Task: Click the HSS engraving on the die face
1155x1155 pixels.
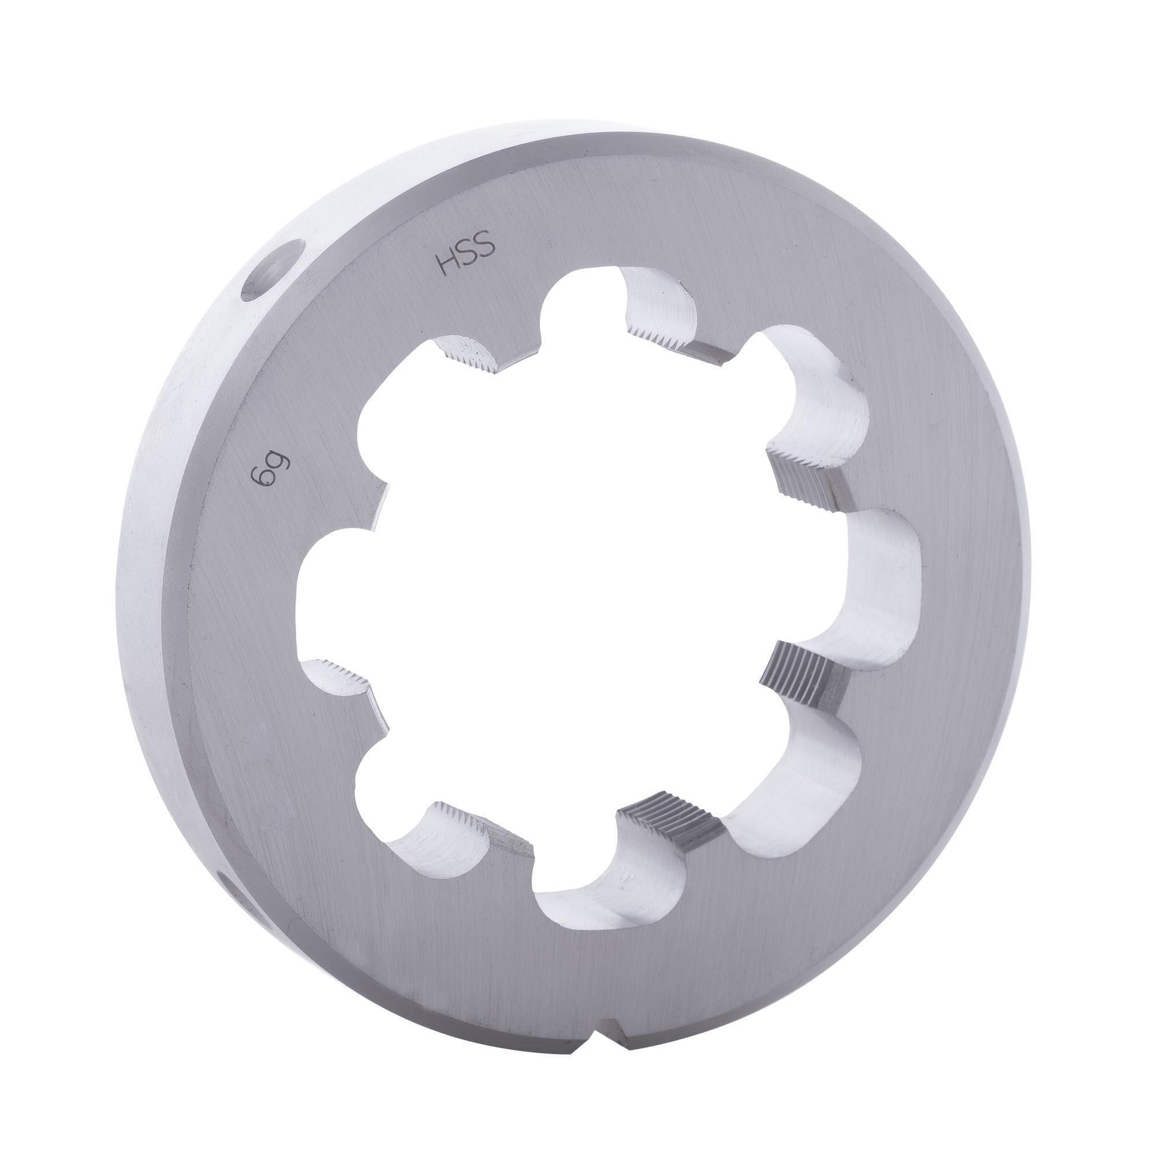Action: pyautogui.click(x=467, y=256)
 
